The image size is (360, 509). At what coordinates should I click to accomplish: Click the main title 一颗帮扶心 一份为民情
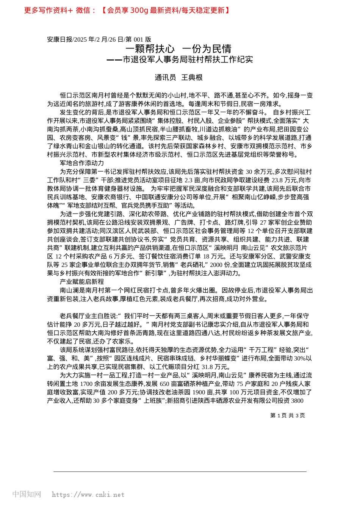point(178,49)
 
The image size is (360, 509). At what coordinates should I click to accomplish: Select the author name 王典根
point(192,78)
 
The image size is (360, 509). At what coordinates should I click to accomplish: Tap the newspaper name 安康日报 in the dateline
point(59,39)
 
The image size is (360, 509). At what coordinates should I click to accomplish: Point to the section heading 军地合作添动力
point(82,163)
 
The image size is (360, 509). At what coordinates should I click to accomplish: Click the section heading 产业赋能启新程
point(82,282)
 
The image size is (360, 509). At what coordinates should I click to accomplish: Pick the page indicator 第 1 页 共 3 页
point(287,415)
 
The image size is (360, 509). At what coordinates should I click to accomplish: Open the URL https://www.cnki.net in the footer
point(88,495)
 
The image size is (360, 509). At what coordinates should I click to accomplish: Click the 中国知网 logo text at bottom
point(27,494)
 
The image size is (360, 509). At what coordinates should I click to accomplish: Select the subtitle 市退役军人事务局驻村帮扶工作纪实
point(188,59)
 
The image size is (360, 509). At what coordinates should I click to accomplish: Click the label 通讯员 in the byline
point(165,78)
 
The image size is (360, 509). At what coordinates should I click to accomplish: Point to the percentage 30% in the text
point(300,358)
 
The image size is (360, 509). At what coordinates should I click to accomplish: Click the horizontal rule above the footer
point(180,472)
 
